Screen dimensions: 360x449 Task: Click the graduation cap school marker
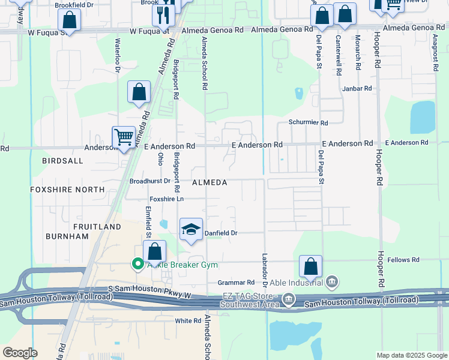click(x=191, y=229)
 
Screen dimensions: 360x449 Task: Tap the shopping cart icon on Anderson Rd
click(x=124, y=137)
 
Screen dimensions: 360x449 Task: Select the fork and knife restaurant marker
click(x=163, y=14)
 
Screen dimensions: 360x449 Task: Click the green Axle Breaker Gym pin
click(x=137, y=264)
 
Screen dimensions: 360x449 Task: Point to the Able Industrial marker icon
click(x=332, y=282)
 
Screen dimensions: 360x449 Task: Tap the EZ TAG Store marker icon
click(x=289, y=298)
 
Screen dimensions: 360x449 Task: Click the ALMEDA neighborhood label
click(x=209, y=182)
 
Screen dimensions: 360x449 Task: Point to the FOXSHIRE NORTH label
click(x=58, y=189)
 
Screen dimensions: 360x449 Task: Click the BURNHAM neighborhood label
click(x=66, y=236)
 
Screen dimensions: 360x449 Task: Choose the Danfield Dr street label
click(x=222, y=233)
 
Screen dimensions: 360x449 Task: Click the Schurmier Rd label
click(x=308, y=122)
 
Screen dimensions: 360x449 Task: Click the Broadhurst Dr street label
click(x=150, y=181)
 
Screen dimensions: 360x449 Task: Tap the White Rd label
click(x=187, y=321)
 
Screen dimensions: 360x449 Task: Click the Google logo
click(x=20, y=353)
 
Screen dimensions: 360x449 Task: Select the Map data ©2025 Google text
click(x=411, y=355)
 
